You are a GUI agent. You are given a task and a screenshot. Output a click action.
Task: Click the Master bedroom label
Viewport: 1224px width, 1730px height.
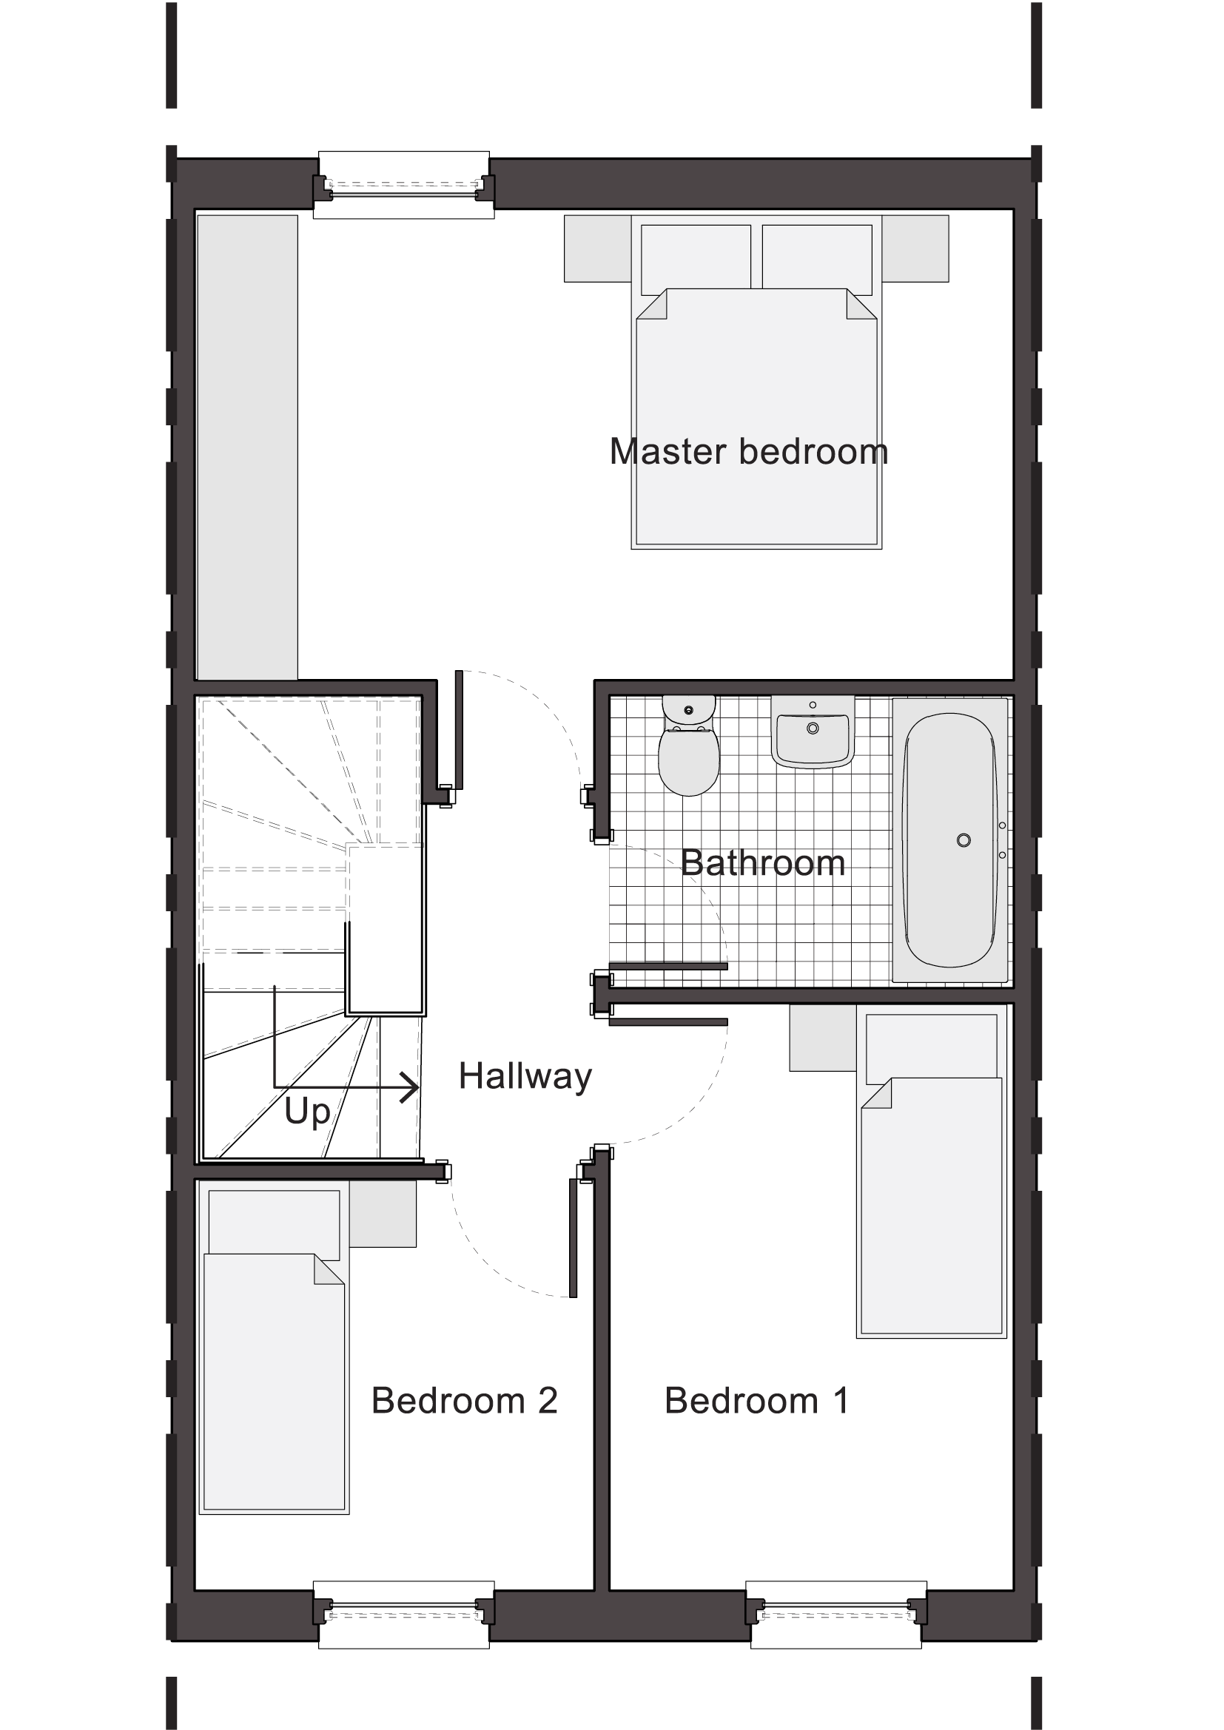coord(748,452)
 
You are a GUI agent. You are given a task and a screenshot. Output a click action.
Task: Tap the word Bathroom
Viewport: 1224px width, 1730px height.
coord(763,862)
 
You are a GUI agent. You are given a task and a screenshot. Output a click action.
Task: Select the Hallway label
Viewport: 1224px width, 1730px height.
coord(525,1078)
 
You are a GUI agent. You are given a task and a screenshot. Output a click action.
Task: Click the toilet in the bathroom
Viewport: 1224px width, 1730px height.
coord(688,747)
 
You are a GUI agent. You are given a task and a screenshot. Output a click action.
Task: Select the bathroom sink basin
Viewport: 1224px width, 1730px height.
coord(813,732)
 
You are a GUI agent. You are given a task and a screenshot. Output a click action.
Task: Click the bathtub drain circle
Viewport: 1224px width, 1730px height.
coord(964,840)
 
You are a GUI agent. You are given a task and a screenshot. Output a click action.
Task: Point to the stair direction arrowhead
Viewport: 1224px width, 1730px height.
coord(410,1087)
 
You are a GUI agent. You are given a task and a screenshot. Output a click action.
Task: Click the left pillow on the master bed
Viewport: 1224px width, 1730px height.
coord(696,257)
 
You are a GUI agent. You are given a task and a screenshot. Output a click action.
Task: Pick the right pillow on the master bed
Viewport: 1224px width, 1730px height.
coord(817,257)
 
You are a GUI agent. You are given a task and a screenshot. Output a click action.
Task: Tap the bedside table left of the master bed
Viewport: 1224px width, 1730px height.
coord(598,249)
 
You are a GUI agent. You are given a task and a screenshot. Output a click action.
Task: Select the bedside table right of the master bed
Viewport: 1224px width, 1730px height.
coord(915,249)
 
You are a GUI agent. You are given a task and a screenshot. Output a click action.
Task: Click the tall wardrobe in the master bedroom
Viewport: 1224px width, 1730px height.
coord(247,447)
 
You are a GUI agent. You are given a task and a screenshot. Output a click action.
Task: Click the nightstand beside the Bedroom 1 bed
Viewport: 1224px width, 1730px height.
coord(823,1037)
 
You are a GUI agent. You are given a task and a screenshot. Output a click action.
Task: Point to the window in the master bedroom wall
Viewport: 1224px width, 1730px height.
coord(404,185)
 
